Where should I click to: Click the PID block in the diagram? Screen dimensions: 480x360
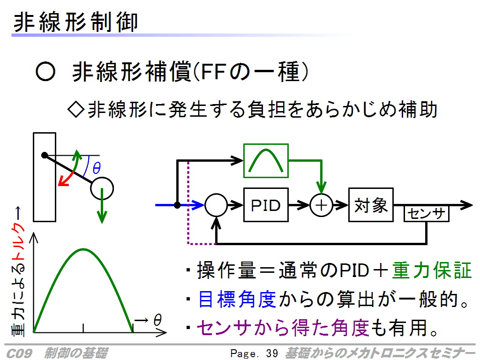tap(266, 205)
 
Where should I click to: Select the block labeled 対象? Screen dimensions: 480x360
tap(371, 205)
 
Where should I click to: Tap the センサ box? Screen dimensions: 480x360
tap(426, 213)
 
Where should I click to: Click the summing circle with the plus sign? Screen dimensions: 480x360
tap(321, 205)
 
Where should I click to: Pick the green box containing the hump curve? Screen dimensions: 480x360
tap(266, 161)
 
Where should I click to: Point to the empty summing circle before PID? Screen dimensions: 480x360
tap(216, 205)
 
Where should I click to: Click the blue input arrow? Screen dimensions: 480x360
tap(180, 205)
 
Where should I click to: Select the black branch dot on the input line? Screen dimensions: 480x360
tap(177, 205)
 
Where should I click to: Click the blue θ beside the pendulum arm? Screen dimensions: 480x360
tap(97, 168)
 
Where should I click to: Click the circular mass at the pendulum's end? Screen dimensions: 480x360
tap(102, 188)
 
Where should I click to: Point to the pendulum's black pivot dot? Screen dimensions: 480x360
tap(45, 155)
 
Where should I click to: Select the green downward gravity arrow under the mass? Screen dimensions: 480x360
tap(102, 206)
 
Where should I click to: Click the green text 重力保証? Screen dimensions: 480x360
tap(432, 270)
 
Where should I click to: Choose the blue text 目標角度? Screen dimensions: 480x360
tap(237, 299)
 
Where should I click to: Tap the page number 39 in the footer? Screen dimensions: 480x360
tap(272, 353)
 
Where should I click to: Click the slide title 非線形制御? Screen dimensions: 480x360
tap(76, 22)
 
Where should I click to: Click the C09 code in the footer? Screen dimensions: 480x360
tap(19, 353)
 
